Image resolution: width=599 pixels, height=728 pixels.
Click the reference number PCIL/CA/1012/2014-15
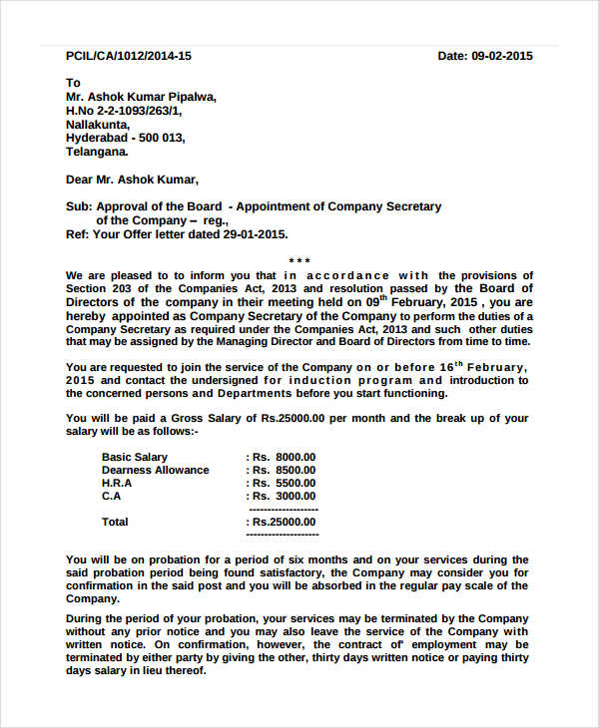pos(128,56)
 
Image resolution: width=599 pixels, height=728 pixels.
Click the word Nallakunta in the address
pos(97,125)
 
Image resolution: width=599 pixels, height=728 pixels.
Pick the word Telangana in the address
pos(96,153)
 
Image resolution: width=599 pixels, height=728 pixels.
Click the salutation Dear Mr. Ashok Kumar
pos(132,181)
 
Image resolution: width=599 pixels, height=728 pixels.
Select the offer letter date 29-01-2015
pos(255,234)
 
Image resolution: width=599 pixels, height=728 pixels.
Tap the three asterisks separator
pos(299,261)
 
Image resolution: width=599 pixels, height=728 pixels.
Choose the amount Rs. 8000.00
pos(285,457)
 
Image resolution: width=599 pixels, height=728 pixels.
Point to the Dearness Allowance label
pos(156,470)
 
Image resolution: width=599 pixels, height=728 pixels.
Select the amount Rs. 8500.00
pos(285,470)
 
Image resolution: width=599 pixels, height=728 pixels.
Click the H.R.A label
pos(117,483)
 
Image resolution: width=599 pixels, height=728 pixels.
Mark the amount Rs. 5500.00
pos(285,483)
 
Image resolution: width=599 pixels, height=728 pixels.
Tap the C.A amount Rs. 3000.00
pos(285,496)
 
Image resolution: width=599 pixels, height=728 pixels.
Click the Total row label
pos(115,522)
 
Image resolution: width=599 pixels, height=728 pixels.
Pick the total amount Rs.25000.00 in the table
pos(285,522)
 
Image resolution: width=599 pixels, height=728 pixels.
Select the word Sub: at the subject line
pos(78,206)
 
